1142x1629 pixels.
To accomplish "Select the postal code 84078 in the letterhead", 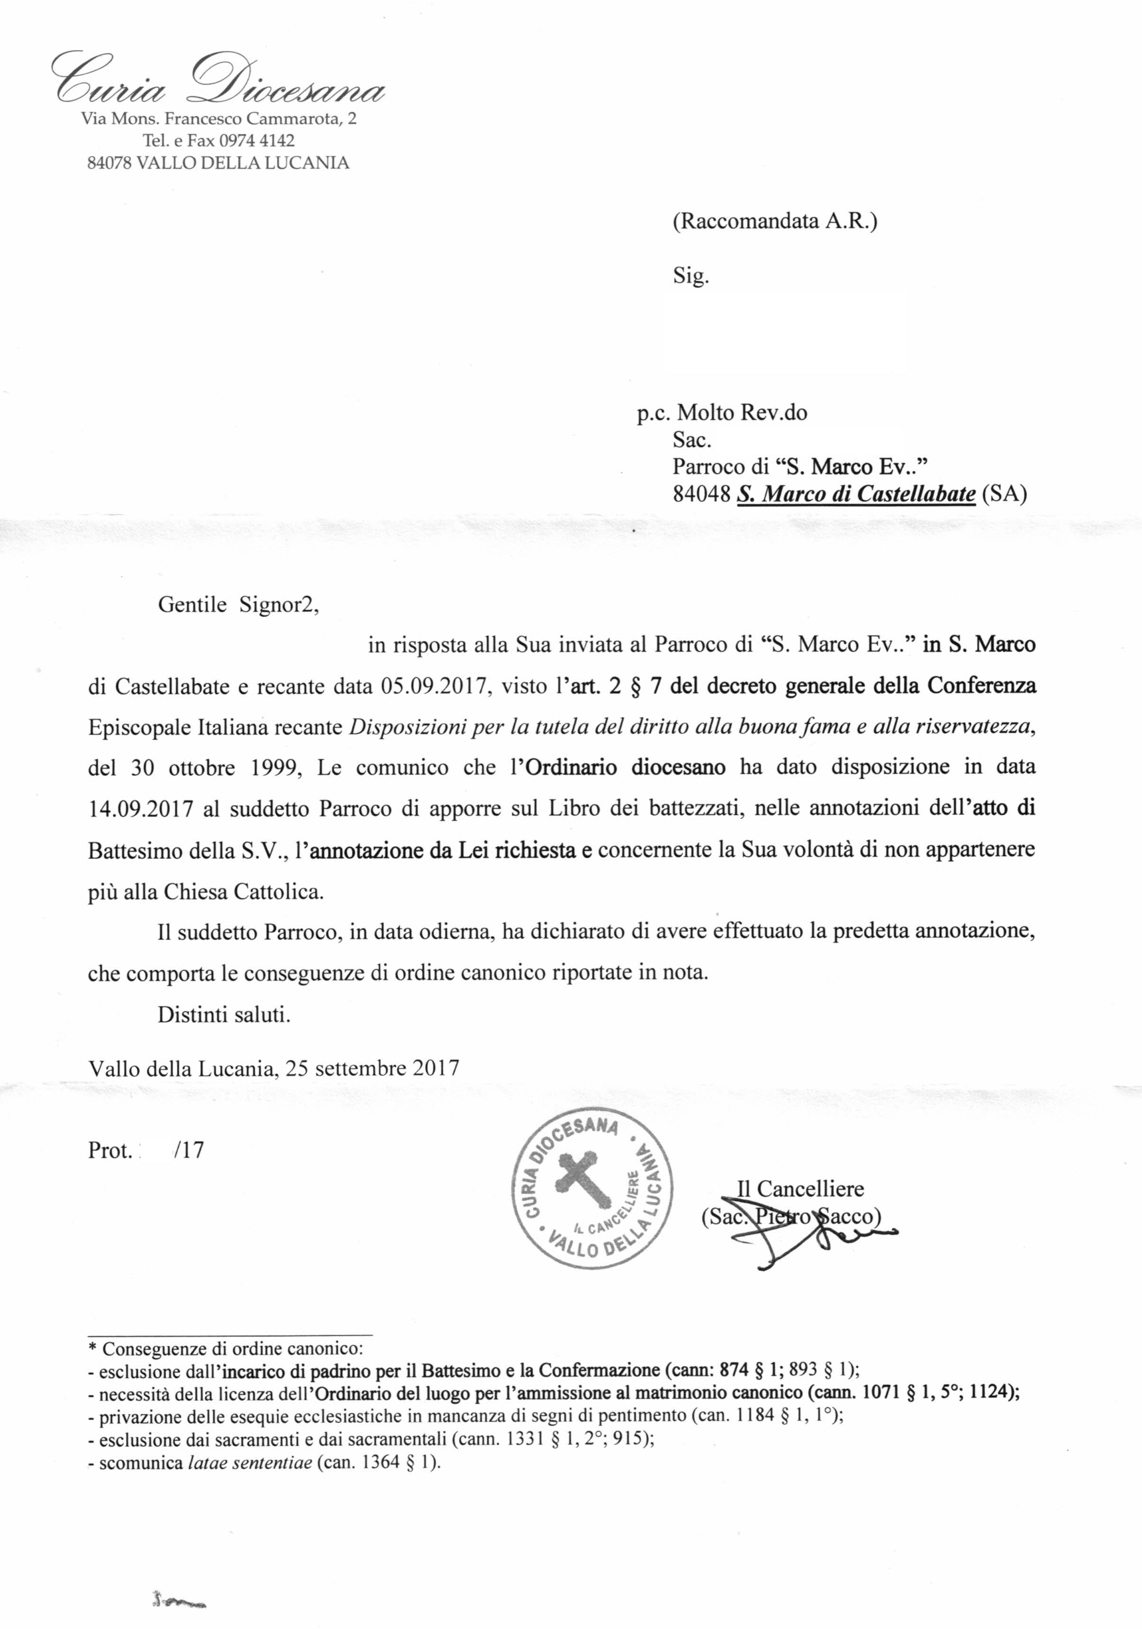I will coord(109,163).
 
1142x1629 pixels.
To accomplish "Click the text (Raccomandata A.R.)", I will coord(775,221).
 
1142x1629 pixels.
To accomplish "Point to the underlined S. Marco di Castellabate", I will coord(856,494).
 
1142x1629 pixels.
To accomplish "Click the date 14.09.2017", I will coord(140,809).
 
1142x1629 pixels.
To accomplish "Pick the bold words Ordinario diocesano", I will coord(624,768).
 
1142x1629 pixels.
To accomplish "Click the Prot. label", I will coord(110,1150).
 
